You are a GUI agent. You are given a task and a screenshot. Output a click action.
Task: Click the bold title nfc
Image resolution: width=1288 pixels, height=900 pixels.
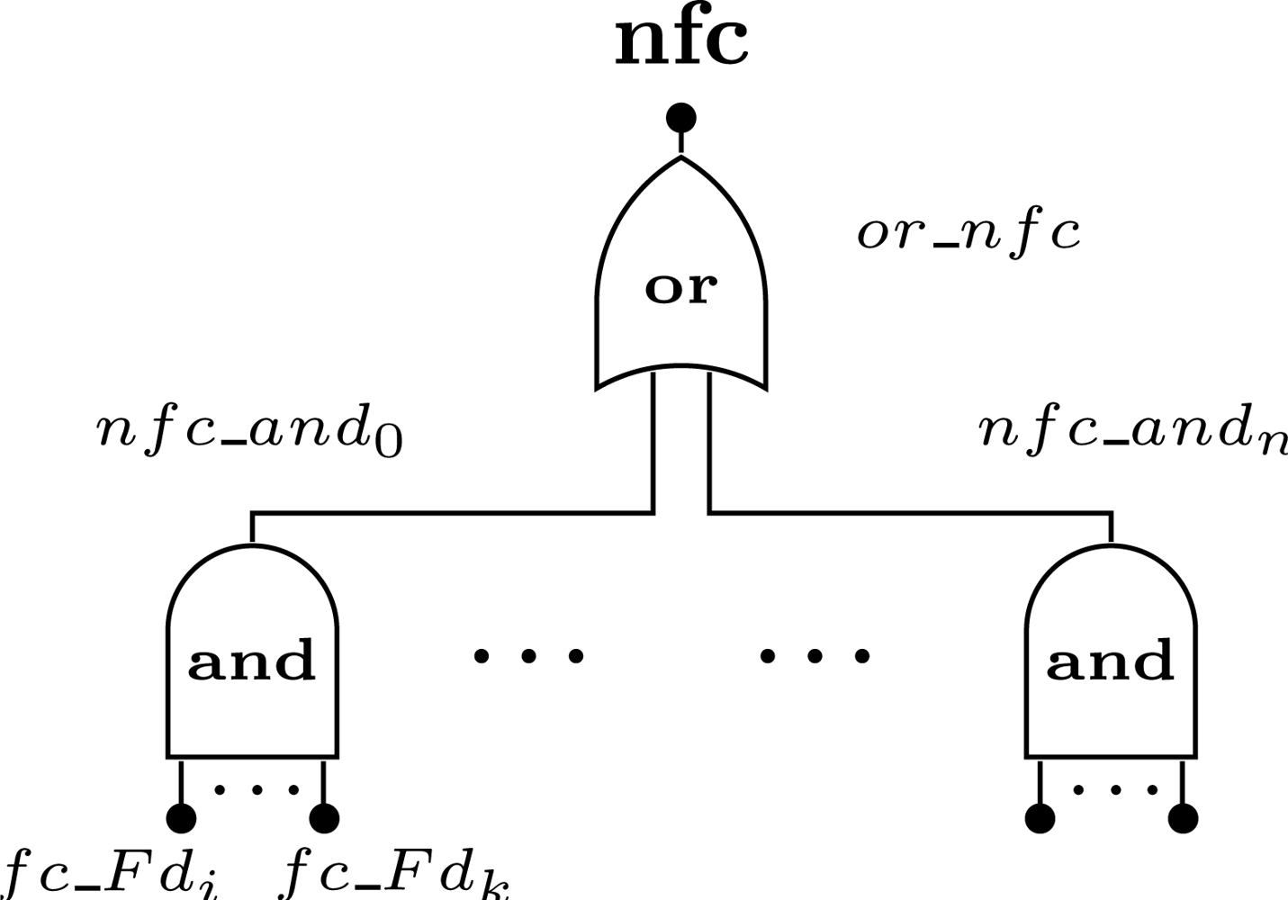point(680,41)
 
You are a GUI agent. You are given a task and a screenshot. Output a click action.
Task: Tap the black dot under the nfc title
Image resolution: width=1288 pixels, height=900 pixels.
point(680,118)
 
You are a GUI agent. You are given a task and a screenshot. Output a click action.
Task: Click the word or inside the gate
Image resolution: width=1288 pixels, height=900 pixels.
point(680,288)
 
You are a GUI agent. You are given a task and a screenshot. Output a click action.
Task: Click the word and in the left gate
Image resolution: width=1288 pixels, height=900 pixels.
point(252,661)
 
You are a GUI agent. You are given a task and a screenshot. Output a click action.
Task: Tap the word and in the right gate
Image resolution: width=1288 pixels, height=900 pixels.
point(1111,661)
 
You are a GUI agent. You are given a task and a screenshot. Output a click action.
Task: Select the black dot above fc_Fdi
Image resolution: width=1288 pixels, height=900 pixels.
point(182,818)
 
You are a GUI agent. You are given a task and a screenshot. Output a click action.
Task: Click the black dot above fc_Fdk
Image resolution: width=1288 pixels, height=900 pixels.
point(324,818)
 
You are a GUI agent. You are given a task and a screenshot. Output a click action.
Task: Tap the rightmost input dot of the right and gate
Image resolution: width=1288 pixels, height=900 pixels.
point(1183,818)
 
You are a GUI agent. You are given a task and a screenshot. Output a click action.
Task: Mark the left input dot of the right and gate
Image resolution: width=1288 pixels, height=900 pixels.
point(1040,818)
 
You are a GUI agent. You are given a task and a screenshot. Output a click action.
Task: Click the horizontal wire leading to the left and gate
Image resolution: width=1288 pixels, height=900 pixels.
point(450,514)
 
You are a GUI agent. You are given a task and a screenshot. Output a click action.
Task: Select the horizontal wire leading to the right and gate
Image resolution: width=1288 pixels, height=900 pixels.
point(909,514)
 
